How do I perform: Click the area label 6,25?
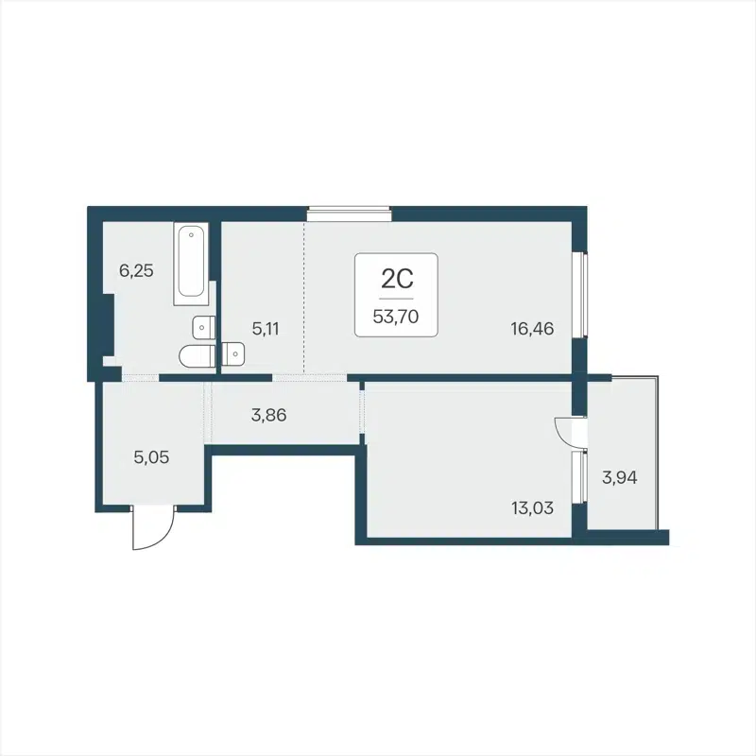click(136, 270)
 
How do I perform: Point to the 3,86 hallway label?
click(267, 412)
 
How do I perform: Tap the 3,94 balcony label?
click(620, 477)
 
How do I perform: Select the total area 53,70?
click(397, 317)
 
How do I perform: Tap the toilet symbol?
click(196, 356)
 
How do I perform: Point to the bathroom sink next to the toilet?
click(200, 327)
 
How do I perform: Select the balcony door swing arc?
click(568, 432)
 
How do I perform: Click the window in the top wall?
click(349, 214)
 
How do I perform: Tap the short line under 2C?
click(397, 298)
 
